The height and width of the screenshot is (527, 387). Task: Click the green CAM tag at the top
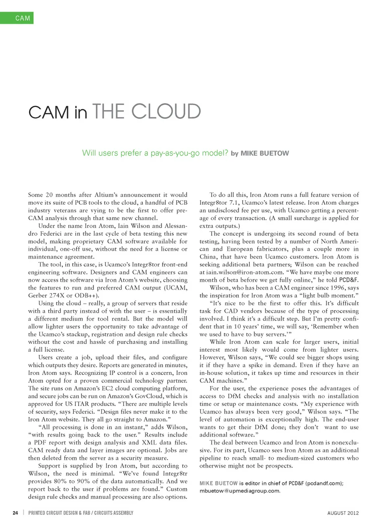point(17,18)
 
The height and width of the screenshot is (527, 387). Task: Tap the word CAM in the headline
point(49,112)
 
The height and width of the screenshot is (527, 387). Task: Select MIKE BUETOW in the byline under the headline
point(264,153)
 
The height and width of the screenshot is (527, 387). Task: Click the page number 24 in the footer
point(15,513)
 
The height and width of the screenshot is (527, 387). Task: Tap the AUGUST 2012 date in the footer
point(343,513)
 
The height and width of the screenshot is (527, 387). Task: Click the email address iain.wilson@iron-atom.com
point(240,272)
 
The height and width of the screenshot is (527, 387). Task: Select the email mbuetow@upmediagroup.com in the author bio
point(239,491)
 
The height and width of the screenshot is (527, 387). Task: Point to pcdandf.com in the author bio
point(324,483)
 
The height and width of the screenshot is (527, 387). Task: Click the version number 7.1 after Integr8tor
point(234,203)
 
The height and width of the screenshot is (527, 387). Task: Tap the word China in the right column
point(208,257)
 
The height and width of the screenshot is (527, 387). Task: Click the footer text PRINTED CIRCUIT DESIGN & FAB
point(59,513)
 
